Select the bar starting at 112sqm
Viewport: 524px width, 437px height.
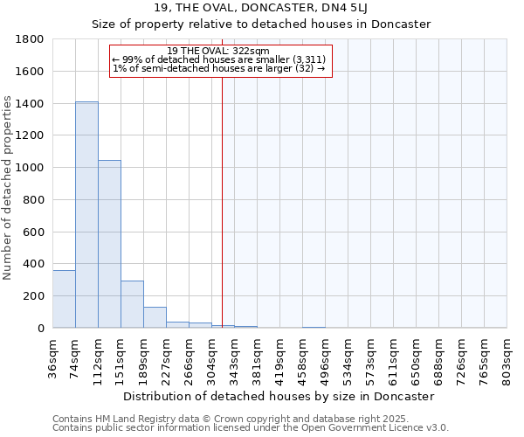coord(109,244)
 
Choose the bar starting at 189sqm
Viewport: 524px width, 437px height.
coord(155,317)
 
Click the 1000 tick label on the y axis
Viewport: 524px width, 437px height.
coord(31,168)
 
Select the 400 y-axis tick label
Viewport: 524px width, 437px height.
coord(35,264)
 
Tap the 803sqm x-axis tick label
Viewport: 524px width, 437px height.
coord(507,359)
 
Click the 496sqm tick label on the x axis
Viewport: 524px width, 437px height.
coord(326,359)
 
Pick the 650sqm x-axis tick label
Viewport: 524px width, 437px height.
coord(417,359)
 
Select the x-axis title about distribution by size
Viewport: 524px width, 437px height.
coord(279,396)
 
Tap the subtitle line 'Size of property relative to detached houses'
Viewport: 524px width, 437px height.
coord(261,24)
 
